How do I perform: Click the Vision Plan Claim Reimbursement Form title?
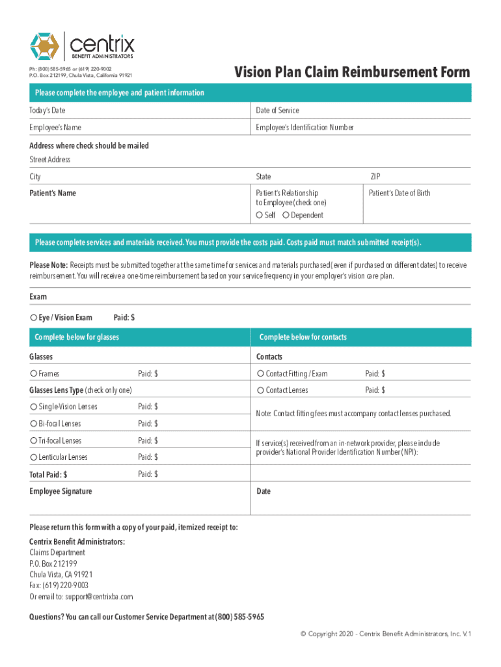352,72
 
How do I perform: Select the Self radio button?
260,215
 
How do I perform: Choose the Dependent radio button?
286,215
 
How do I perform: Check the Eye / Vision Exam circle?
33,318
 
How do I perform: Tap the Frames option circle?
33,374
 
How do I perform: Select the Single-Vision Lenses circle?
33,407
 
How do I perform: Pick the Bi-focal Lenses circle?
33,424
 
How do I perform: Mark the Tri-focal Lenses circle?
33,441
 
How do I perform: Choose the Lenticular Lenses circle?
33,457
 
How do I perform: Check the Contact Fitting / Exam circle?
260,374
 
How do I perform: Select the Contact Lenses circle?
260,390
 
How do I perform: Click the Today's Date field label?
47,111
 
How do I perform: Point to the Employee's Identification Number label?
305,128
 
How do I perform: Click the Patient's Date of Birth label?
399,193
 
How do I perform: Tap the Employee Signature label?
61,491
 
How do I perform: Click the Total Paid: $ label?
48,475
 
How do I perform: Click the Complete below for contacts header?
303,337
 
